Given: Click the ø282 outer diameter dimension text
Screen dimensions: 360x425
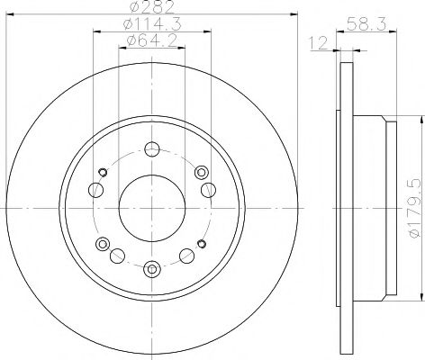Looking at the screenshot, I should tap(150, 9).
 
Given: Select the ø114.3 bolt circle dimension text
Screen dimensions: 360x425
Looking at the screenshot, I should tap(149, 25).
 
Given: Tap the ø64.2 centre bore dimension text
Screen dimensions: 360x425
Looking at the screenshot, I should tap(149, 41).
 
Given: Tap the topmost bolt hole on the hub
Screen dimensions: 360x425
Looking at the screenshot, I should tap(151, 149).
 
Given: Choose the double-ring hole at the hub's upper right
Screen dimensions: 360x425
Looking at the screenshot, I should tap(203, 173).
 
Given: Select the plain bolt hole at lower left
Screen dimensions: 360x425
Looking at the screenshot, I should tap(117, 256).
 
